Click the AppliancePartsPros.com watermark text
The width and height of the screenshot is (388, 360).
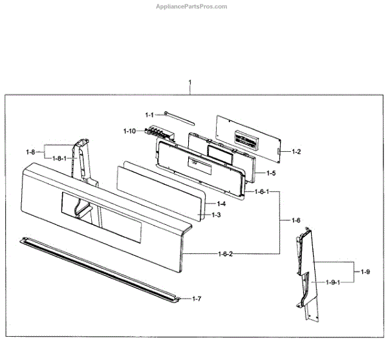click(x=191, y=6)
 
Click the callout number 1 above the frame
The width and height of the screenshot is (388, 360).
click(x=190, y=83)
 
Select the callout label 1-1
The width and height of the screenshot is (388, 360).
click(x=149, y=114)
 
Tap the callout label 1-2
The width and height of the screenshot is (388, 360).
click(x=297, y=151)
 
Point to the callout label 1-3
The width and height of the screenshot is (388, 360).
click(x=217, y=215)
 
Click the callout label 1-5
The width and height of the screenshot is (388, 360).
click(x=271, y=173)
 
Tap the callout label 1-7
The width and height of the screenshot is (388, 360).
click(x=197, y=298)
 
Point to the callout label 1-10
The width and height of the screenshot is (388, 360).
click(x=129, y=131)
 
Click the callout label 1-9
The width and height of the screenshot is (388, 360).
click(x=366, y=272)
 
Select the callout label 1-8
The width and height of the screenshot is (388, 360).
click(x=30, y=152)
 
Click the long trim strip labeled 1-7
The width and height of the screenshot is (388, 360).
click(x=97, y=268)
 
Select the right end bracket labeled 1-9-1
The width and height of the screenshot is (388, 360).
click(x=307, y=271)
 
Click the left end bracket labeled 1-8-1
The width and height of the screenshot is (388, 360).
click(x=83, y=168)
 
